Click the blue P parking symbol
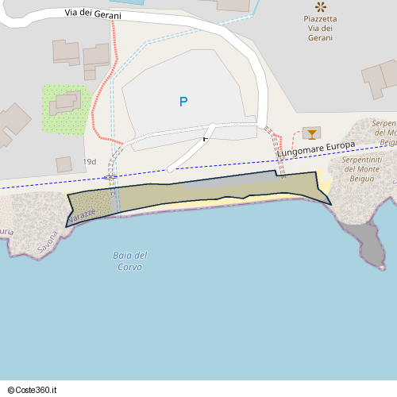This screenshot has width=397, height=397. [x=183, y=102]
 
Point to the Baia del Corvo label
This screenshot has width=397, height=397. [x=130, y=261]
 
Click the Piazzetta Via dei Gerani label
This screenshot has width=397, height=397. [x=320, y=28]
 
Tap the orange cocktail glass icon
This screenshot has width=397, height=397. [x=312, y=133]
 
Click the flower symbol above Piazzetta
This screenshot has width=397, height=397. [x=320, y=6]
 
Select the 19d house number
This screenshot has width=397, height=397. [x=89, y=162]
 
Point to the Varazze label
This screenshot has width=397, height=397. [x=82, y=215]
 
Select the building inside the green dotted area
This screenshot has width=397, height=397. [x=66, y=102]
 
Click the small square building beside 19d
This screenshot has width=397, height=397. [x=64, y=164]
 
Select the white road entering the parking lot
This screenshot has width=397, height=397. [x=191, y=151]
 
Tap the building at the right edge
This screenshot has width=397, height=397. [x=381, y=79]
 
